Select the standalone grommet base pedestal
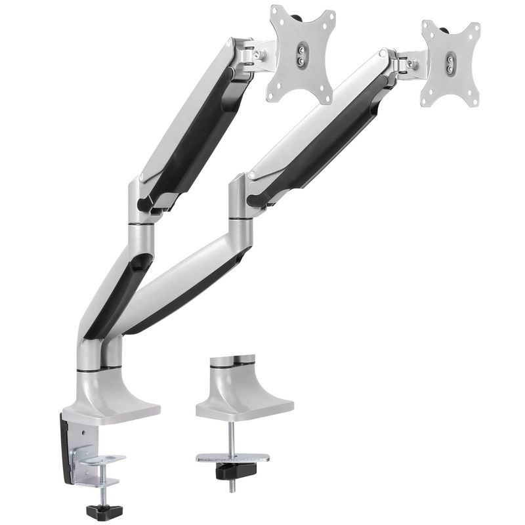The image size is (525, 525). click(x=243, y=394)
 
